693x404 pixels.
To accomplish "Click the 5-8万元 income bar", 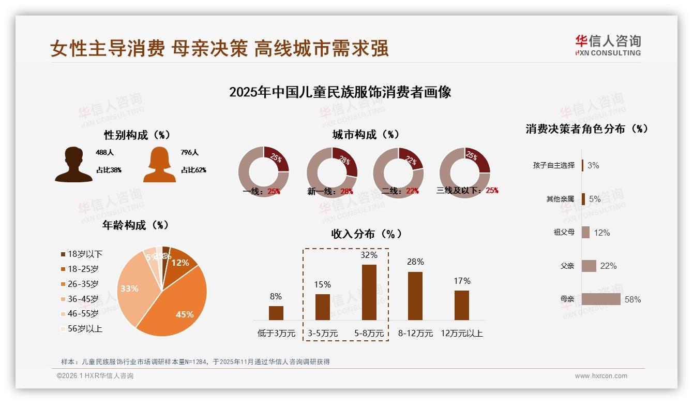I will pyautogui.click(x=369, y=292).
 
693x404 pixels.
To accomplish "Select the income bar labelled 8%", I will pyautogui.click(x=276, y=313).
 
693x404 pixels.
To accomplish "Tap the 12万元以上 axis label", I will pyautogui.click(x=461, y=334).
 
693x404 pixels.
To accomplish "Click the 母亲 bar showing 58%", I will pyautogui.click(x=601, y=299).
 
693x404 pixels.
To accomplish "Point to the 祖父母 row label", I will pyautogui.click(x=564, y=233).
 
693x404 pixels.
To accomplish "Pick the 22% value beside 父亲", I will pyautogui.click(x=608, y=266).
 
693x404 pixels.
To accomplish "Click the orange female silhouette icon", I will pyautogui.click(x=159, y=165).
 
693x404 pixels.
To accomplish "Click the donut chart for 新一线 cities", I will pyautogui.click(x=332, y=172).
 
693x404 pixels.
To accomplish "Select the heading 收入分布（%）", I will pyautogui.click(x=366, y=234).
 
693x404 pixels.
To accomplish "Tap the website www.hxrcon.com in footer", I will pyautogui.click(x=600, y=376).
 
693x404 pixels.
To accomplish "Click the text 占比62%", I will pyautogui.click(x=193, y=170).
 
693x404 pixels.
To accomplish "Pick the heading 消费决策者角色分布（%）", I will pyautogui.click(x=586, y=129).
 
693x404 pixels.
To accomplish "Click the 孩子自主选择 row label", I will pyautogui.click(x=553, y=165).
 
